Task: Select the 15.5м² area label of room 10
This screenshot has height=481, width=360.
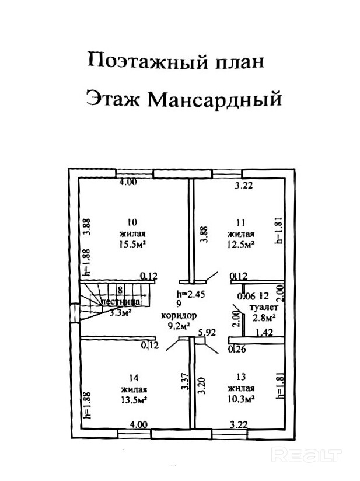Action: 133,245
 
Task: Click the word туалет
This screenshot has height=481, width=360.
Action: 263,306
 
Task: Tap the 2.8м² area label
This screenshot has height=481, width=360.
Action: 264,318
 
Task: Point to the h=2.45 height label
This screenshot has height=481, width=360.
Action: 191,294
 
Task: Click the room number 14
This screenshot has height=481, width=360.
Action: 133,378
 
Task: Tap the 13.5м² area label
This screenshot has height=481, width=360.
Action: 133,400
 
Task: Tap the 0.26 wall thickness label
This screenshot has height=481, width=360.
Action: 237,349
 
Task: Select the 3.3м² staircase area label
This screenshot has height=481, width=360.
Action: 120,312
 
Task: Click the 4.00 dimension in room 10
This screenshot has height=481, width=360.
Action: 128,182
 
